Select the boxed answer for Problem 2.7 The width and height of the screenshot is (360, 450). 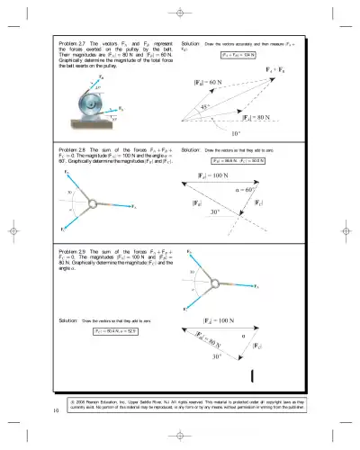coord(238,55)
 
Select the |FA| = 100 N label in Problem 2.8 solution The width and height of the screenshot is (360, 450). coord(217,175)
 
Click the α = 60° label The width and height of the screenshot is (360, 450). coord(271,190)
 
